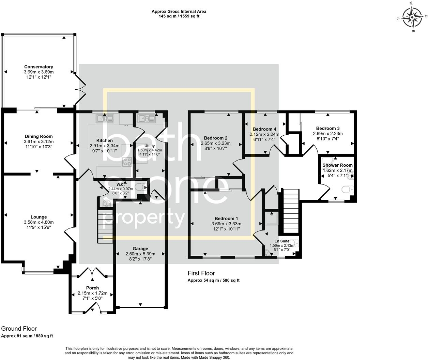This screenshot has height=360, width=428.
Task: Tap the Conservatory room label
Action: coord(39,67)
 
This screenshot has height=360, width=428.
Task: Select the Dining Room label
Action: coord(39,136)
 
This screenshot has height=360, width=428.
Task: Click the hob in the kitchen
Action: coord(127,162)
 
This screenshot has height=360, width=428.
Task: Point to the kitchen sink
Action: coord(105,119)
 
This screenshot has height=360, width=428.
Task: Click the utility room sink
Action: coord(146,119)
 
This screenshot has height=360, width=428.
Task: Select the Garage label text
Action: coord(140,249)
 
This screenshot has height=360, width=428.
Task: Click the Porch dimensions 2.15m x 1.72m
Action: coord(92,293)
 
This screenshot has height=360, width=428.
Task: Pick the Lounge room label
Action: coord(39,217)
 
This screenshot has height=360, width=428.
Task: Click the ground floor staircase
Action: coord(105,226)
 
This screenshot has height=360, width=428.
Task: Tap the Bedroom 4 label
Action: coord(264,129)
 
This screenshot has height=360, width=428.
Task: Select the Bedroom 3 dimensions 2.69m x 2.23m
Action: coord(328,134)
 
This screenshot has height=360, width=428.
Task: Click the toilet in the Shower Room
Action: coord(348,189)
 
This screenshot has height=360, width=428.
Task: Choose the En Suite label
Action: coord(282,241)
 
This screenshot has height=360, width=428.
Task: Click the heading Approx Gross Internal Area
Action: coord(179,12)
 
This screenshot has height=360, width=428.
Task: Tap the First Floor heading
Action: coord(201,273)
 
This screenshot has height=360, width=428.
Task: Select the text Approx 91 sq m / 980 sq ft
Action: coord(27,336)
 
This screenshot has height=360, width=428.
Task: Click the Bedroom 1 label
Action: coord(226,219)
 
